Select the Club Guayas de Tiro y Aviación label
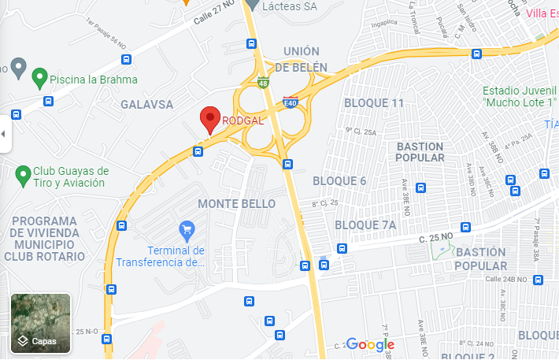tap(71, 177)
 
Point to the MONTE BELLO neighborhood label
tap(236, 203)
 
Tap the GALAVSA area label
tap(146, 103)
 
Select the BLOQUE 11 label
tap(374, 103)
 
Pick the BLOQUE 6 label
tap(339, 181)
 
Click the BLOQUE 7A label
tap(365, 225)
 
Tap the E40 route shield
tap(290, 102)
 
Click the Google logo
tap(370, 344)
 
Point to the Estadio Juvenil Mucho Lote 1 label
tap(519, 97)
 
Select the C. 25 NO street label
tap(437, 237)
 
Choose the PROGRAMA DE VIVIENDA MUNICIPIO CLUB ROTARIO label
tap(45, 238)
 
